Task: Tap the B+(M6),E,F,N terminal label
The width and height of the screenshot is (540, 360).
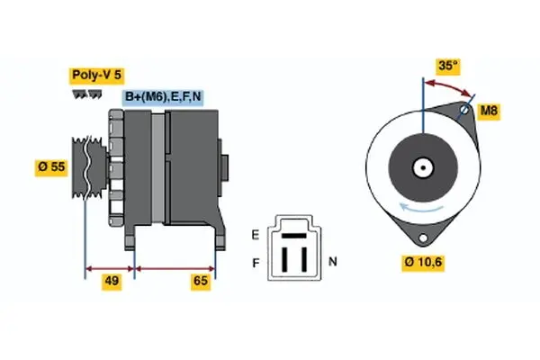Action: pyautogui.click(x=162, y=97)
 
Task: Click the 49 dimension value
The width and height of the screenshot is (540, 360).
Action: pyautogui.click(x=112, y=282)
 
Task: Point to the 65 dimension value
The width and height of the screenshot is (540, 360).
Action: pyautogui.click(x=201, y=282)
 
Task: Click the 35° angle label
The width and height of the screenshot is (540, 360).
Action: pyautogui.click(x=447, y=66)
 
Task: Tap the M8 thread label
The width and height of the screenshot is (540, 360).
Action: pyautogui.click(x=489, y=111)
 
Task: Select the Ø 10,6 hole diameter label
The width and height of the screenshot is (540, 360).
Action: pyautogui.click(x=424, y=262)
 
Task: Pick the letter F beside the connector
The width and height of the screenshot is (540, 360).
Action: pyautogui.click(x=256, y=263)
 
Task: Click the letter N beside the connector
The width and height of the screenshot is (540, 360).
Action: pyautogui.click(x=333, y=263)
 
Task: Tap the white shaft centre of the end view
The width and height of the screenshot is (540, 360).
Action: pyautogui.click(x=421, y=167)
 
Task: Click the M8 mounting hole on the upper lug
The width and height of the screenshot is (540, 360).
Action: pyautogui.click(x=463, y=111)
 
